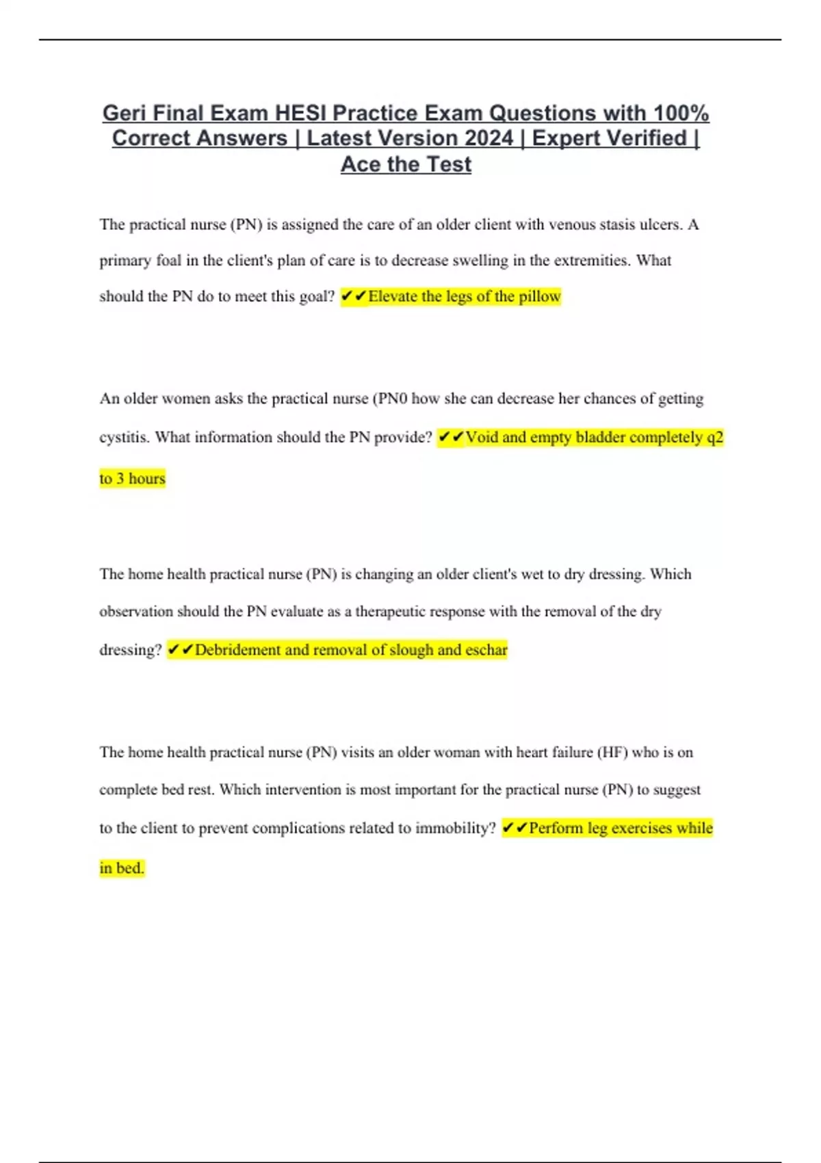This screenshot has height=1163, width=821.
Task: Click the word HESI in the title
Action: click(300, 113)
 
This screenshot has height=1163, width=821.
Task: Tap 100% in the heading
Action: click(681, 113)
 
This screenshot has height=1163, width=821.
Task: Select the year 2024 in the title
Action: click(488, 138)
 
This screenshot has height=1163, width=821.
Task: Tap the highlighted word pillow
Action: click(540, 296)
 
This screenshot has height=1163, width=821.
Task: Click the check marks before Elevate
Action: click(353, 296)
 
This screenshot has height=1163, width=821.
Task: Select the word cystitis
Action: click(123, 437)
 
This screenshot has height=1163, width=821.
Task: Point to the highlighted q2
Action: click(714, 437)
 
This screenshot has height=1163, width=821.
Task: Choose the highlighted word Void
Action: click(482, 437)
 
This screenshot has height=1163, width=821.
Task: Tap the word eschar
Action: click(486, 650)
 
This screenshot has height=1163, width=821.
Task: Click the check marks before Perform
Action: click(514, 828)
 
